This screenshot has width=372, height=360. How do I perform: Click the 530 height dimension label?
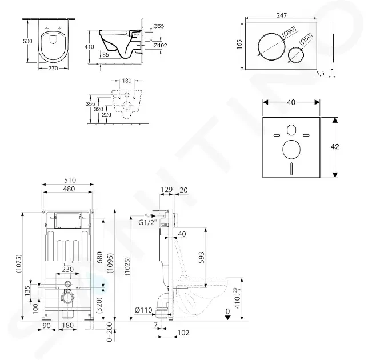click(x=27, y=41)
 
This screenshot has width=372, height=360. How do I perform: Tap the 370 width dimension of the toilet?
click(x=53, y=69)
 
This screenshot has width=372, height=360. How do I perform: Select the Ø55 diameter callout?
click(x=159, y=26)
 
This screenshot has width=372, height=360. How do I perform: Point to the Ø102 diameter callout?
click(x=160, y=45)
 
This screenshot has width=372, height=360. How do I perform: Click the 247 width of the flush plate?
click(x=282, y=15)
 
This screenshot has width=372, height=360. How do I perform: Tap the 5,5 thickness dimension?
click(x=320, y=73)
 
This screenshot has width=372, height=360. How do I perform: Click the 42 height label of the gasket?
click(x=335, y=147)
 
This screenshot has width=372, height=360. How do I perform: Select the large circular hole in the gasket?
click(x=283, y=150)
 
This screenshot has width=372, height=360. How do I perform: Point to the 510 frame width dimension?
click(x=70, y=181)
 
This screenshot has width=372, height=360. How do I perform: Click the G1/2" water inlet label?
click(x=148, y=223)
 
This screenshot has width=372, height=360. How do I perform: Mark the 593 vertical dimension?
click(x=201, y=257)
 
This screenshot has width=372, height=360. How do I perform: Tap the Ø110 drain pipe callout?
click(x=143, y=310)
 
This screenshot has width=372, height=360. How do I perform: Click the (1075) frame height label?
click(x=18, y=263)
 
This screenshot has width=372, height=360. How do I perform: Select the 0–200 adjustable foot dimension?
click(x=109, y=332)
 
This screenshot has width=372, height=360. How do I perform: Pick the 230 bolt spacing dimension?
click(x=67, y=269)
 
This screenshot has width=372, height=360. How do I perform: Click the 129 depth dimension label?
click(x=166, y=190)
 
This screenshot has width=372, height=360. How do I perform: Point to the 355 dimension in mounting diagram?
click(x=90, y=103)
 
